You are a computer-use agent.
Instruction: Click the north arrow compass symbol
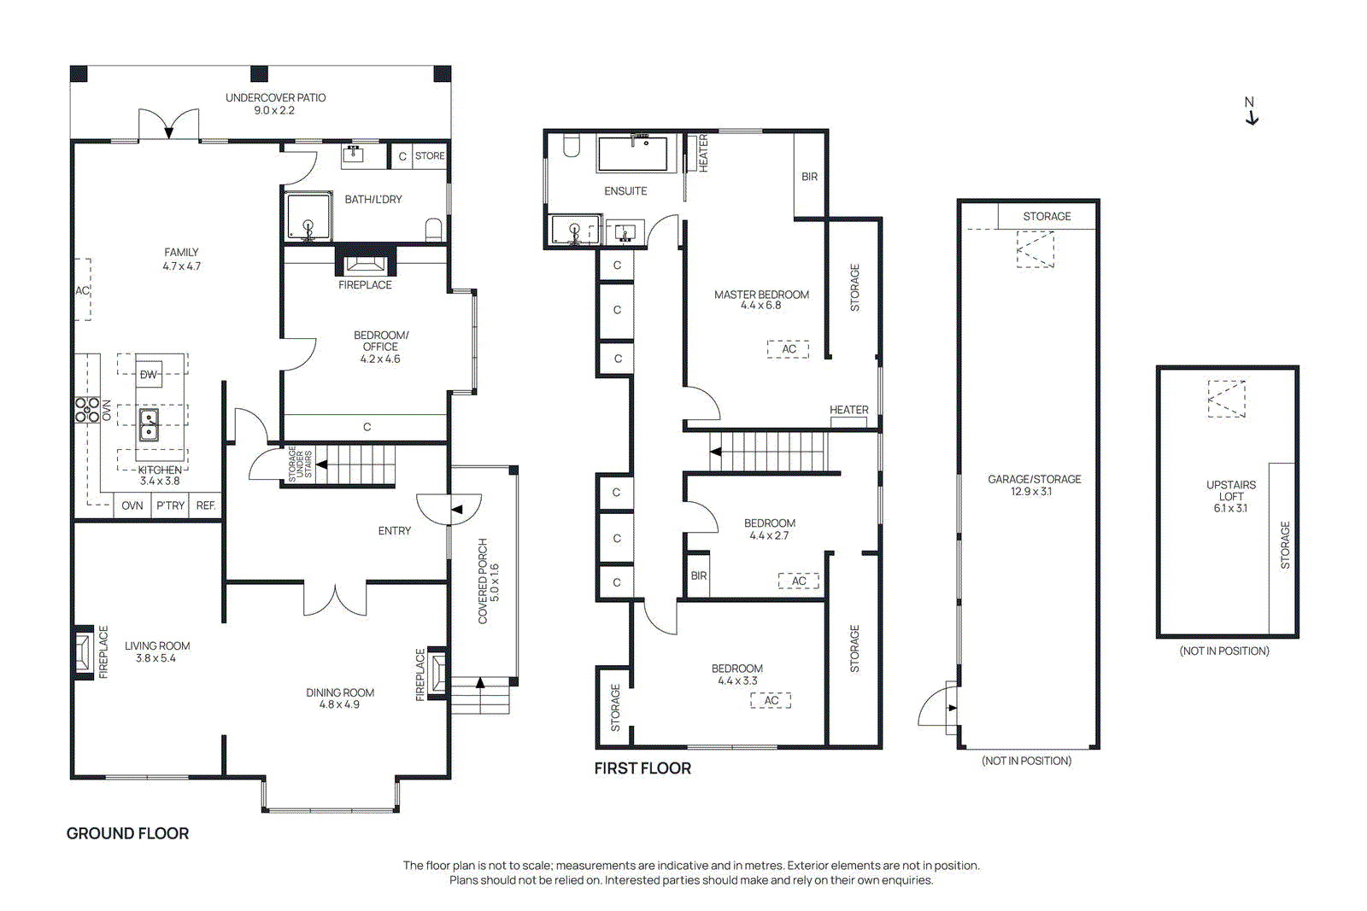tap(1251, 112)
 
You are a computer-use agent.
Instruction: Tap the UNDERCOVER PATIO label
tap(275, 103)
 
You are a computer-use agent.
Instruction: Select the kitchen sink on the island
tap(149, 424)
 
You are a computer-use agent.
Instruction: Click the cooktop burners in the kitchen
tap(87, 410)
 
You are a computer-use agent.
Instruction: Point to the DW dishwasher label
tap(149, 374)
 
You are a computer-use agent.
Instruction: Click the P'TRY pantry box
tap(170, 505)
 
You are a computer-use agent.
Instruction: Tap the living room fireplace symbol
tap(84, 653)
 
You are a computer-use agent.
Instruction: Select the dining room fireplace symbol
tap(437, 671)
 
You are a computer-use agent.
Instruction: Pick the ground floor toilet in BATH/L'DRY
tap(434, 229)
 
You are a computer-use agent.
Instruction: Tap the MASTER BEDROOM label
tap(761, 300)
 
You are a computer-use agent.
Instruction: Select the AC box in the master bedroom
tap(788, 349)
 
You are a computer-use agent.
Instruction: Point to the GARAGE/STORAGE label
tap(1034, 485)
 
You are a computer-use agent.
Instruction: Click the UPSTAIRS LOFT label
tap(1230, 496)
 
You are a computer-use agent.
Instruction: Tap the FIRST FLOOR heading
tap(642, 768)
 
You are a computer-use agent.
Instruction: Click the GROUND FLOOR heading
tap(127, 833)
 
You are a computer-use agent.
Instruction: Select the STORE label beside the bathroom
tap(429, 156)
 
